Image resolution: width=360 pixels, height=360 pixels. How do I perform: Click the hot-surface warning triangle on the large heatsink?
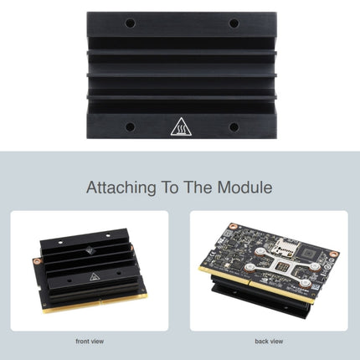click(180, 127)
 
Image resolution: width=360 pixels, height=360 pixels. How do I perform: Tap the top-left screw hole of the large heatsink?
click(130, 23)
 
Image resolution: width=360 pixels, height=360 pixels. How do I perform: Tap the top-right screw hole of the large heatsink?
click(234, 23)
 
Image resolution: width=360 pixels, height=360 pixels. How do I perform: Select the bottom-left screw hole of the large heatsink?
click(130, 127)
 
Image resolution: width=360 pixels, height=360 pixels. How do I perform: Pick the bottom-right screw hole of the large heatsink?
click(234, 127)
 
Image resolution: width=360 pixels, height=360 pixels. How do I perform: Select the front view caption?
click(90, 341)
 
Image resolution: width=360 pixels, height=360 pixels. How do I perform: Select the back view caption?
click(270, 341)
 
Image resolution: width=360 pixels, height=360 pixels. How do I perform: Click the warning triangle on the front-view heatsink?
click(88, 277)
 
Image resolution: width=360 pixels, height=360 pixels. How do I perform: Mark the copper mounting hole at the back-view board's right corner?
click(332, 254)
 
